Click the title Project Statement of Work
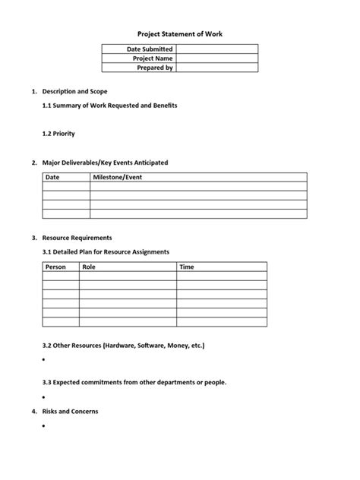[179, 34]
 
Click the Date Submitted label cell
[150, 49]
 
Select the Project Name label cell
[153, 58]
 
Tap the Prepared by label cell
[154, 68]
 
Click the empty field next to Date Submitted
[216, 49]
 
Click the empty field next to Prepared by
[216, 68]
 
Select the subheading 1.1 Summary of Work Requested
[109, 106]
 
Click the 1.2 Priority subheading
[58, 133]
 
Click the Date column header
[52, 177]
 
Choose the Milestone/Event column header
[117, 177]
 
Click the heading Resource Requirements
[77, 238]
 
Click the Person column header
[55, 267]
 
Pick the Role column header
[89, 267]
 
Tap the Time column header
[187, 267]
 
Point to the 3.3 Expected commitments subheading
[134, 382]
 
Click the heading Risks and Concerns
[70, 412]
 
